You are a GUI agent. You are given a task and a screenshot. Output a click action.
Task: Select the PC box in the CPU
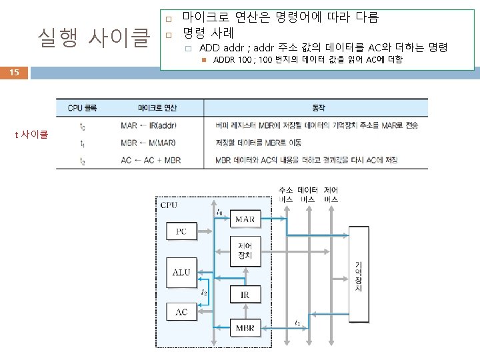coord(181,232)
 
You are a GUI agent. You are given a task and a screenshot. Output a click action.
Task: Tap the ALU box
coord(181,272)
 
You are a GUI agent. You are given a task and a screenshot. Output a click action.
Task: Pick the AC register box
coord(181,312)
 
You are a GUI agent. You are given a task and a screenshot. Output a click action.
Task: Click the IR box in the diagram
coord(245,294)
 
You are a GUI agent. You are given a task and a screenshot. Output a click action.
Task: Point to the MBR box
coord(245,328)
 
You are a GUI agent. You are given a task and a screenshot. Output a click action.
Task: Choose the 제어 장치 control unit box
coord(245,252)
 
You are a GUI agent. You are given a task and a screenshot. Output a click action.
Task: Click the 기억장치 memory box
coord(359,277)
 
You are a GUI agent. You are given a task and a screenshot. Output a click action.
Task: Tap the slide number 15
coord(14,73)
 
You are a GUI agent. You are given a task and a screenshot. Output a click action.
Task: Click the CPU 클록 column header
coord(82,107)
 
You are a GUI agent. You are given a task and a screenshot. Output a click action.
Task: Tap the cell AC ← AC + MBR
coord(151,160)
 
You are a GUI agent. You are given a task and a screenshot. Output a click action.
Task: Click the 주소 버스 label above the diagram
coord(286,195)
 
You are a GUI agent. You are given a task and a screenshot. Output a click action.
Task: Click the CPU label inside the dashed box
coord(169,205)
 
